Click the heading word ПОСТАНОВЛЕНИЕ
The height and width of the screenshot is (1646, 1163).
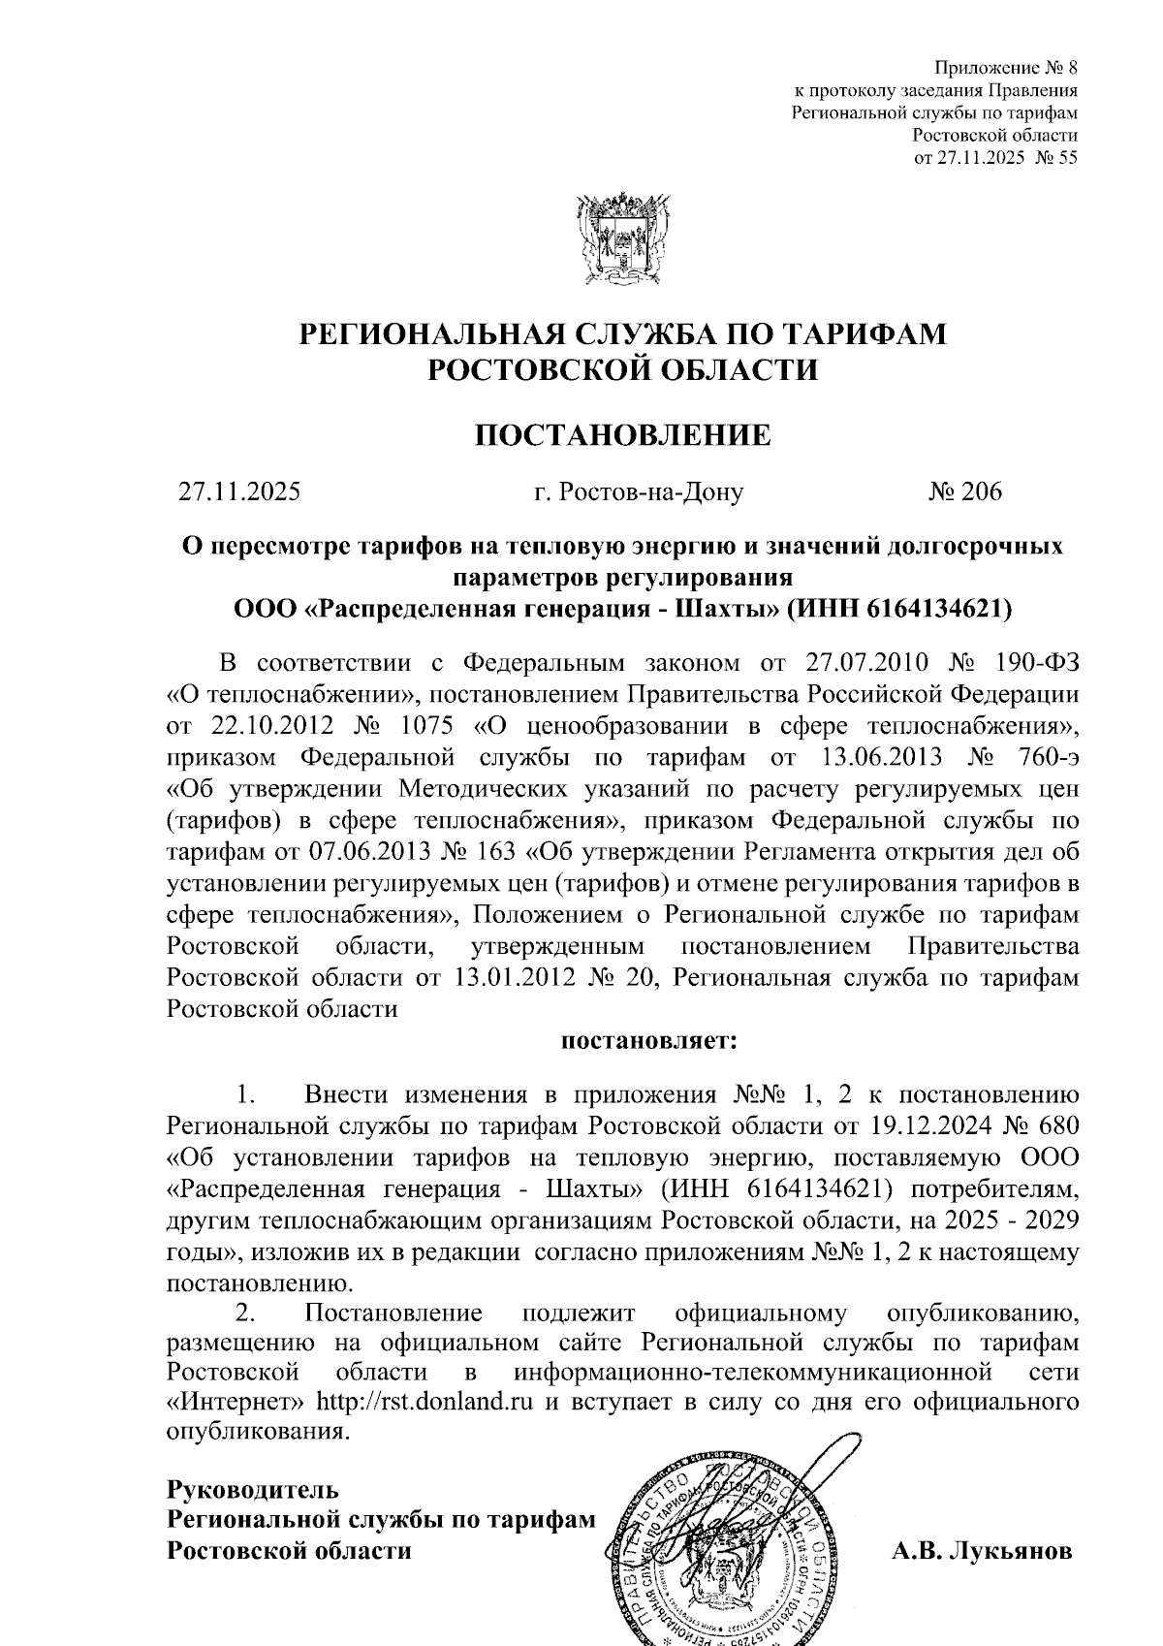point(622,435)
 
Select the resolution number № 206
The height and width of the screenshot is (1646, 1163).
point(964,491)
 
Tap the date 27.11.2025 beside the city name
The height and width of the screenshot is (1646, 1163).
point(239,491)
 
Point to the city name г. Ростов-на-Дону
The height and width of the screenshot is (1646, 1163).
point(639,491)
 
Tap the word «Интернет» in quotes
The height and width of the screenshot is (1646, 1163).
point(236,1403)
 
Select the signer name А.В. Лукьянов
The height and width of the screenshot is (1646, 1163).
point(982,1550)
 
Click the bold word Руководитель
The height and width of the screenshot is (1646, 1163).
point(253,1488)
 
